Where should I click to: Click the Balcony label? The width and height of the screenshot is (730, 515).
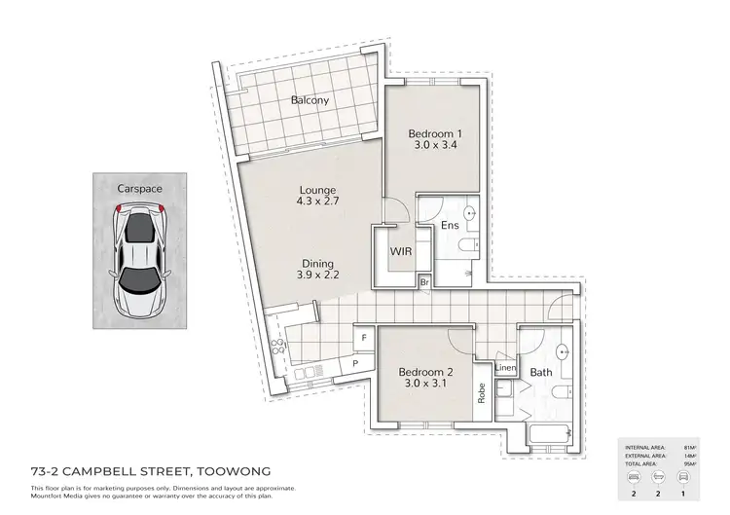click(x=310, y=100)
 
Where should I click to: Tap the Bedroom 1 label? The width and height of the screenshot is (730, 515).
click(x=434, y=133)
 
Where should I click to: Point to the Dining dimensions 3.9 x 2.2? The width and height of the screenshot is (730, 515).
click(x=318, y=276)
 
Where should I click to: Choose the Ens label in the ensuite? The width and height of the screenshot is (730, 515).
click(x=450, y=227)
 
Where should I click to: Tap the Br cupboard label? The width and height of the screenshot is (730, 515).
click(x=424, y=283)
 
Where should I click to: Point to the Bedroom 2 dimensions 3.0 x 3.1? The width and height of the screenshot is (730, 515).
click(x=425, y=383)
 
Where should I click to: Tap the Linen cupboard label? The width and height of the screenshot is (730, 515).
click(x=505, y=368)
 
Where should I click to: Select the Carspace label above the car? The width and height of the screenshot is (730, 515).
click(x=138, y=187)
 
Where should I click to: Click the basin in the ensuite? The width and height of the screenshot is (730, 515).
click(x=469, y=212)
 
